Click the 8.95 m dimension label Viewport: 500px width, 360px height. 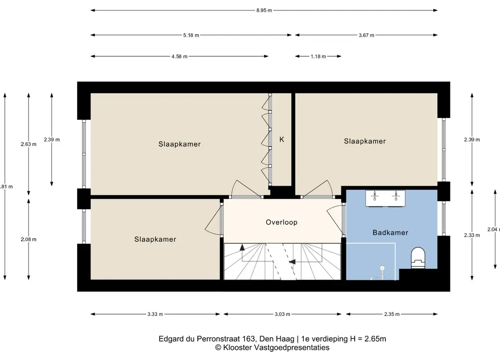click(264, 10)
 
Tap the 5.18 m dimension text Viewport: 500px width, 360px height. click(191, 35)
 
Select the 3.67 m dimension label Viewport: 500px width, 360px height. click(366, 35)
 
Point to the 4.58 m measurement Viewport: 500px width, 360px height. click(179, 56)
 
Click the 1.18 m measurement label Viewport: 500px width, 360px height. click(318, 56)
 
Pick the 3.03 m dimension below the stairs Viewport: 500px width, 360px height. click(283, 314)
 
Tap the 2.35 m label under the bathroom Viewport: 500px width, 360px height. click(392, 314)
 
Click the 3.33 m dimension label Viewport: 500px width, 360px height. click(155, 314)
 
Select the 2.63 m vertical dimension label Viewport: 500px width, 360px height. click(29, 144)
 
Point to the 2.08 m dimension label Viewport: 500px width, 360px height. click(29, 239)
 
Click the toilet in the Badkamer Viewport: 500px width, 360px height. click(418, 258)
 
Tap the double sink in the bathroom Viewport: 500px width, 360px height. click(385, 198)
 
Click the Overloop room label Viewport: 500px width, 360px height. click(282, 222)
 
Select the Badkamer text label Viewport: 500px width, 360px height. click(390, 233)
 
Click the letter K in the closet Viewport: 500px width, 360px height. click(282, 139)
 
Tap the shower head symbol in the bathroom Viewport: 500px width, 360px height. click(382, 268)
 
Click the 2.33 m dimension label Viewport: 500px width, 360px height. click(472, 235)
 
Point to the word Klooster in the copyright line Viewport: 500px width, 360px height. click(238, 348)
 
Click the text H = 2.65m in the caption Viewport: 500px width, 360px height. click(368, 339)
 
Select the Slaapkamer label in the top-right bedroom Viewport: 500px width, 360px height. click(365, 141)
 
